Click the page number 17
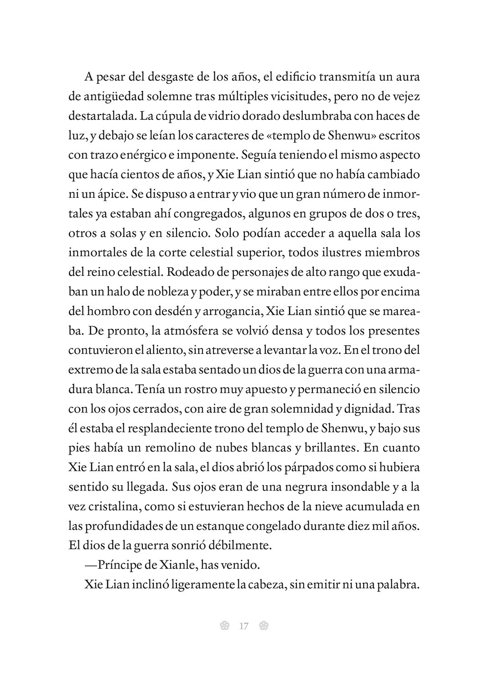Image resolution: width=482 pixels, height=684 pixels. pyautogui.click(x=243, y=626)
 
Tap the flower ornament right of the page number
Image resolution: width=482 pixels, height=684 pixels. pyautogui.click(x=263, y=626)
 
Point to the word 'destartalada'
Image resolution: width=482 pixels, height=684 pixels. pyautogui.click(x=101, y=116)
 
